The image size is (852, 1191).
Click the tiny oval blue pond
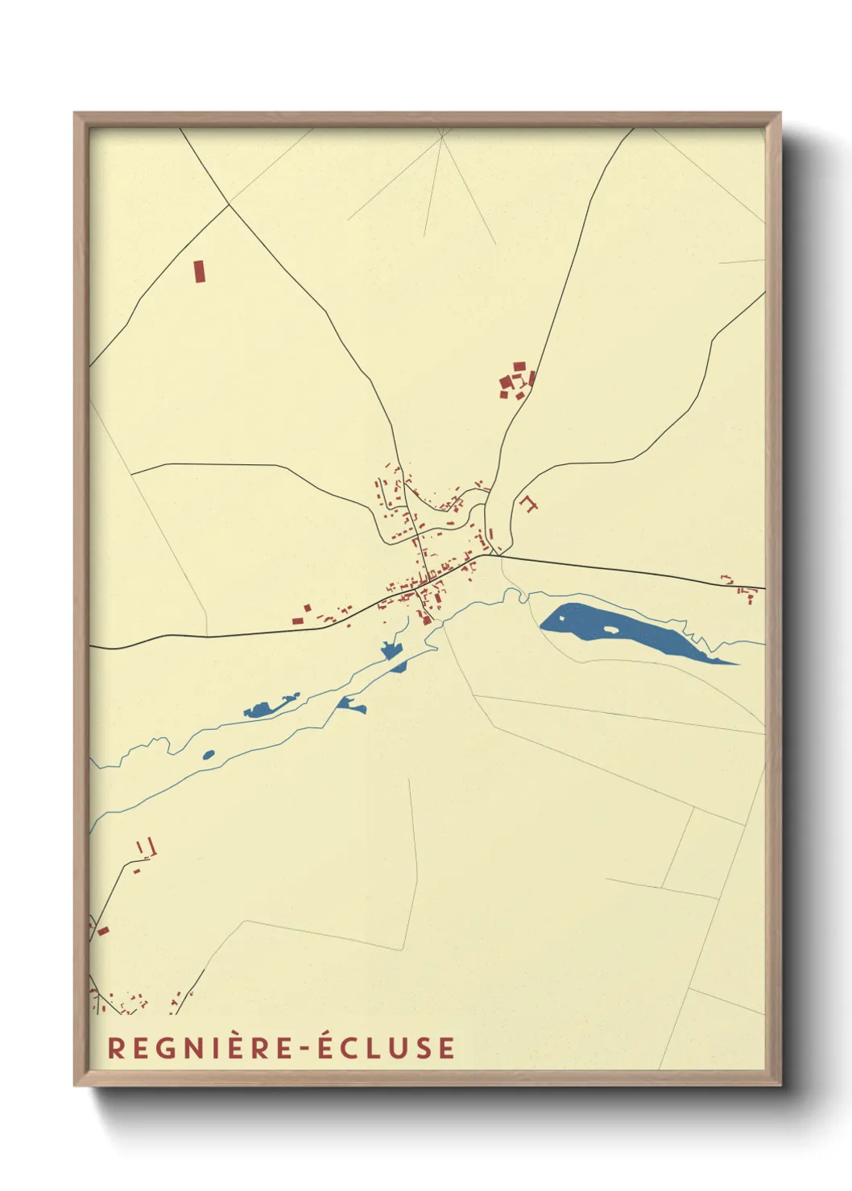[x=209, y=755]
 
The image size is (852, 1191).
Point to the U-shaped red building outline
[x=528, y=504]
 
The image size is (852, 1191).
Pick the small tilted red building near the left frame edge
[x=103, y=931]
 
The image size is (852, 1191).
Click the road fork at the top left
[x=230, y=204]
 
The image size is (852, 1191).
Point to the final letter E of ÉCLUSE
[x=446, y=1048]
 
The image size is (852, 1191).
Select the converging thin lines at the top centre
[x=442, y=138]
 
